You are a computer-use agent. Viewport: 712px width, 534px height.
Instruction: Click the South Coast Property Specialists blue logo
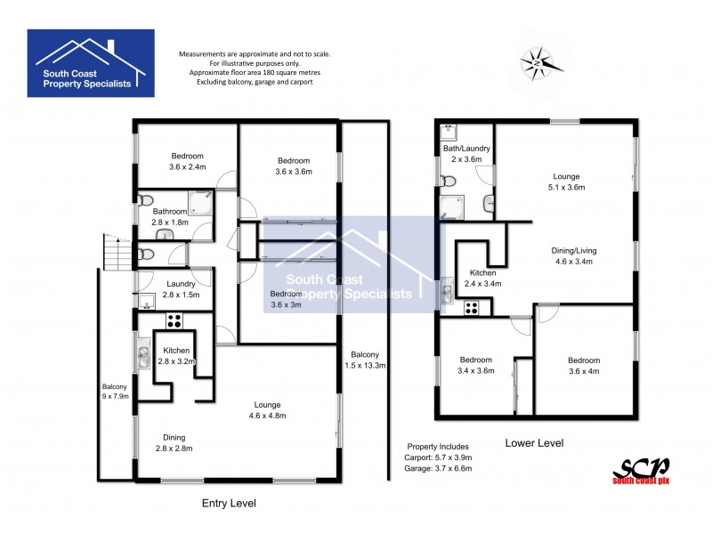[91, 62]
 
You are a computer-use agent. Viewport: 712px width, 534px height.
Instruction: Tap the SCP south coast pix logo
[640, 469]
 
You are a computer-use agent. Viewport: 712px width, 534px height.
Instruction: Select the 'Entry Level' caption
[229, 503]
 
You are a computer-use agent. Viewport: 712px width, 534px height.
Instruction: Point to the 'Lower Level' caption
[534, 442]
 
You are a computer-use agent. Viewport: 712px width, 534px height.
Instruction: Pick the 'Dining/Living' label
[574, 256]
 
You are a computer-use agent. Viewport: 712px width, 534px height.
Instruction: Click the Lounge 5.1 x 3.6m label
[567, 182]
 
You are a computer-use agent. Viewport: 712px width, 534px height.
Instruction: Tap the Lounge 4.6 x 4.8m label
[267, 409]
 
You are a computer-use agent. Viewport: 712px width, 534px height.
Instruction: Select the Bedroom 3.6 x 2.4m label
[187, 161]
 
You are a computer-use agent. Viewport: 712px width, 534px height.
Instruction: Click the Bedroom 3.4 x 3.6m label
[475, 365]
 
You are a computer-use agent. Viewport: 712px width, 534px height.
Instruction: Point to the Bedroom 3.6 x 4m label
[586, 365]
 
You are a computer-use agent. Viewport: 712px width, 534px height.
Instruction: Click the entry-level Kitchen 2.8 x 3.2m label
[175, 356]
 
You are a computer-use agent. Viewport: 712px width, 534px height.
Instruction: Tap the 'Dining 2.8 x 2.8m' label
[174, 442]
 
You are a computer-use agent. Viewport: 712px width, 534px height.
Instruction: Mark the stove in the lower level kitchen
[472, 309]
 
